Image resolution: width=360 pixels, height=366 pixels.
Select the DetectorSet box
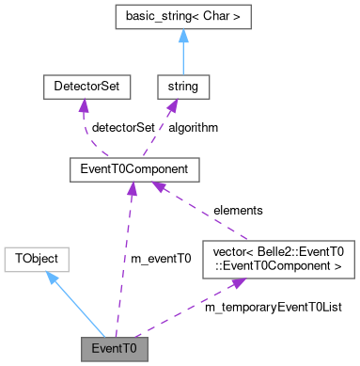coord(85,88)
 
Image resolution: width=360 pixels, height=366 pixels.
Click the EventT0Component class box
coord(131,169)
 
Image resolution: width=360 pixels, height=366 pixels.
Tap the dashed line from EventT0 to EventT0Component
coord(122,259)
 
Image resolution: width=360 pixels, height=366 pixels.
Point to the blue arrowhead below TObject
coord(53,278)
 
